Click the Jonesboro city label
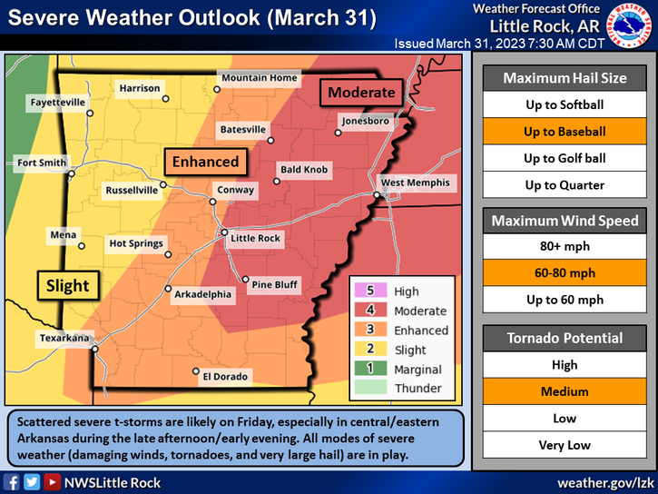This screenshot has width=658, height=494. pyautogui.click(x=365, y=121)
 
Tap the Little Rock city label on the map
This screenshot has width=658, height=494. pyautogui.click(x=257, y=239)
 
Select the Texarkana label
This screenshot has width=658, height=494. pyautogui.click(x=64, y=338)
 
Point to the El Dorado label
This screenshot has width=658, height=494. pyautogui.click(x=225, y=376)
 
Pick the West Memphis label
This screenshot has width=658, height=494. pyautogui.click(x=415, y=183)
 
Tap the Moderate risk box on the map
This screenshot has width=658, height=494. pyautogui.click(x=361, y=92)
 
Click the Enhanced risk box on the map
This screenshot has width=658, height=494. pyautogui.click(x=205, y=162)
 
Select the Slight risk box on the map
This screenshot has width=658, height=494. pyautogui.click(x=68, y=285)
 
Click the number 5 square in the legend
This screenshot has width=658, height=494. pyautogui.click(x=369, y=291)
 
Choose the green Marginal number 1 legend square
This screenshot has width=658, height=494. pyautogui.click(x=369, y=370)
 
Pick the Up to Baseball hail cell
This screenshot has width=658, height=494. pyautogui.click(x=565, y=132)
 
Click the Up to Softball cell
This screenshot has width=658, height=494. pyautogui.click(x=565, y=104)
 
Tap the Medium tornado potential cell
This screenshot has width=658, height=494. pyautogui.click(x=565, y=391)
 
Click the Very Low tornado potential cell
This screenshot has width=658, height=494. pyautogui.click(x=565, y=445)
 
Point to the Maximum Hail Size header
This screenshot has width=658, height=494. pyautogui.click(x=565, y=78)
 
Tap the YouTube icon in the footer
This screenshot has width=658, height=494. pyautogui.click(x=54, y=481)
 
